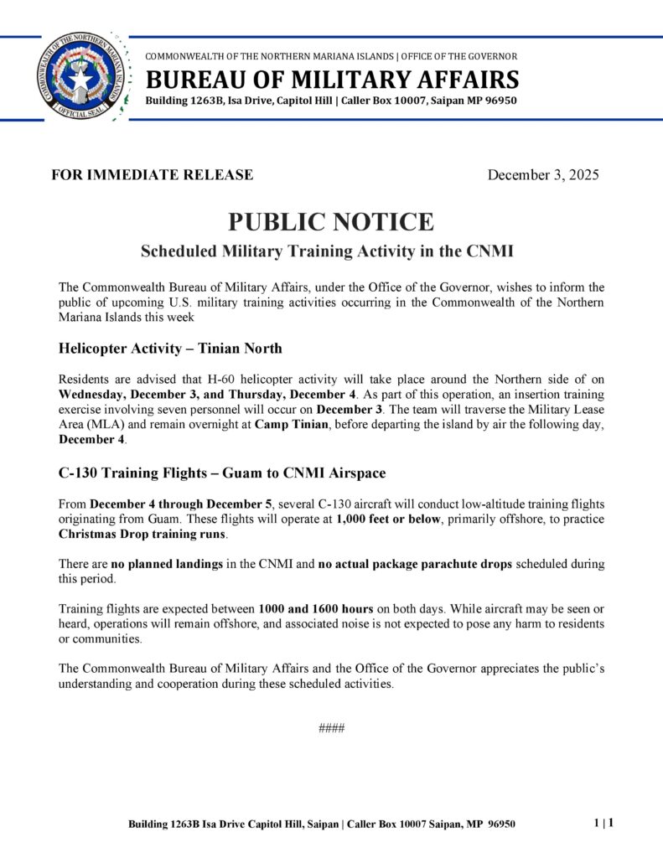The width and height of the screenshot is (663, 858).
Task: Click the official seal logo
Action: [x=80, y=77]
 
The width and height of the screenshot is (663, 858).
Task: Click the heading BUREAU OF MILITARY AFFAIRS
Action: [x=332, y=80]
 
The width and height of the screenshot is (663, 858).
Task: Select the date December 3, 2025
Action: [x=543, y=175]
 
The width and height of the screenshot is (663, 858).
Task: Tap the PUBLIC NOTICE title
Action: [x=331, y=222]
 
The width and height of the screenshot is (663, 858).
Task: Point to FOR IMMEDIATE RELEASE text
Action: [x=153, y=175]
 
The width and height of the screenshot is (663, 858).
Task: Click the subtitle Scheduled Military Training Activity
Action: [x=327, y=251]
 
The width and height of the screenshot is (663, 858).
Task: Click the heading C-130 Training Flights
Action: [x=222, y=473]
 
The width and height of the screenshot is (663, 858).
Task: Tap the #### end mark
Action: [x=332, y=728]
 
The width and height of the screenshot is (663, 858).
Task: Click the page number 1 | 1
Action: [x=603, y=823]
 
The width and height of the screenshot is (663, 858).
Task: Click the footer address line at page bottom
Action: [x=322, y=824]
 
